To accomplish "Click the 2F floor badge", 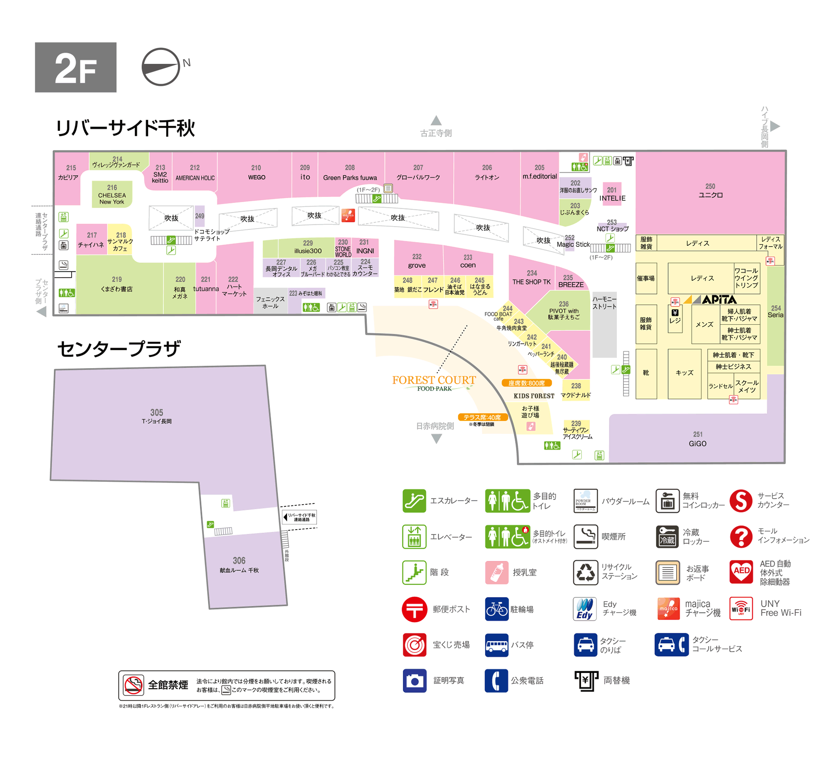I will point(75,67).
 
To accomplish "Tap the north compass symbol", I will point(161,67).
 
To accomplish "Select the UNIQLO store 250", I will point(710,191).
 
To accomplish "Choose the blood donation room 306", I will point(239,565).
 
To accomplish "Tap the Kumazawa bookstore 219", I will point(117,284).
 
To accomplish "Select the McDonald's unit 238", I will point(576,391).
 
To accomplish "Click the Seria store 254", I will point(775,311).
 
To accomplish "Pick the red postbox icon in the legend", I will point(414,609).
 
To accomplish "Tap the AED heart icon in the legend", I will point(741,572).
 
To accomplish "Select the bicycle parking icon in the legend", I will point(496,609).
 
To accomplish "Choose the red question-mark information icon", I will point(741,536).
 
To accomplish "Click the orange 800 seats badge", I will point(526,383).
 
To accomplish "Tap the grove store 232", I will point(416,261).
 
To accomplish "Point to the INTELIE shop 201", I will point(612,194).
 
